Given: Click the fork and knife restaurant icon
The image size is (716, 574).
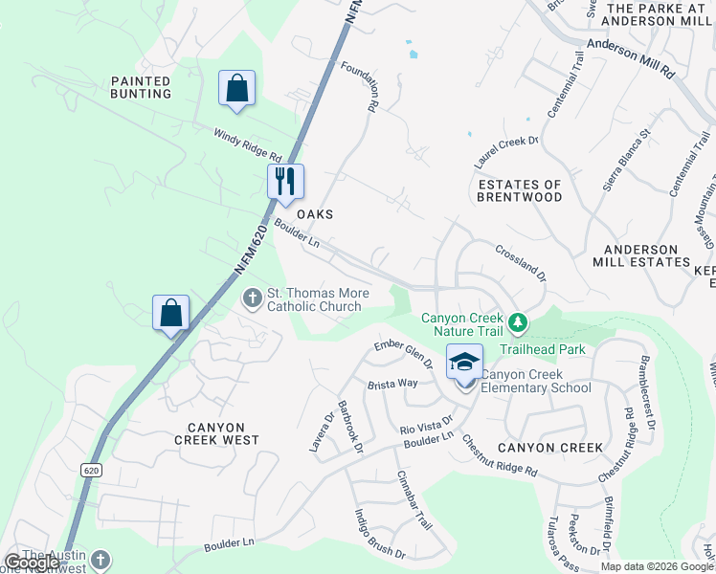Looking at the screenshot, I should pyautogui.click(x=284, y=180).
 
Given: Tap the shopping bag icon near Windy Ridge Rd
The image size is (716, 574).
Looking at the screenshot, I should pyautogui.click(x=235, y=88).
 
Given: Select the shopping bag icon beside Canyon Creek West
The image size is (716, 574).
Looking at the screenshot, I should pyautogui.click(x=170, y=312).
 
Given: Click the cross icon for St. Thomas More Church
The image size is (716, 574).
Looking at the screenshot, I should pyautogui.click(x=253, y=298).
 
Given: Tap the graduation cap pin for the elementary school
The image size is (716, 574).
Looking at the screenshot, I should pyautogui.click(x=464, y=363).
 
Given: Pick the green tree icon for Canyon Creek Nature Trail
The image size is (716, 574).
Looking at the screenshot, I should pyautogui.click(x=517, y=323).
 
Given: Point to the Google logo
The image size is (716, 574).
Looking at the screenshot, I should pyautogui.click(x=32, y=563).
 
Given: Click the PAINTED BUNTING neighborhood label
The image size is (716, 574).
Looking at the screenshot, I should pyautogui.click(x=141, y=87).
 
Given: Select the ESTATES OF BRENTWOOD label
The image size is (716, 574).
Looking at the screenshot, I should pyautogui.click(x=520, y=190).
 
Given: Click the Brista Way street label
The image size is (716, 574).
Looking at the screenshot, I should pyautogui.click(x=392, y=383).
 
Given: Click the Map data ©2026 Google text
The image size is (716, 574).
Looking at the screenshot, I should pyautogui.click(x=657, y=566).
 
